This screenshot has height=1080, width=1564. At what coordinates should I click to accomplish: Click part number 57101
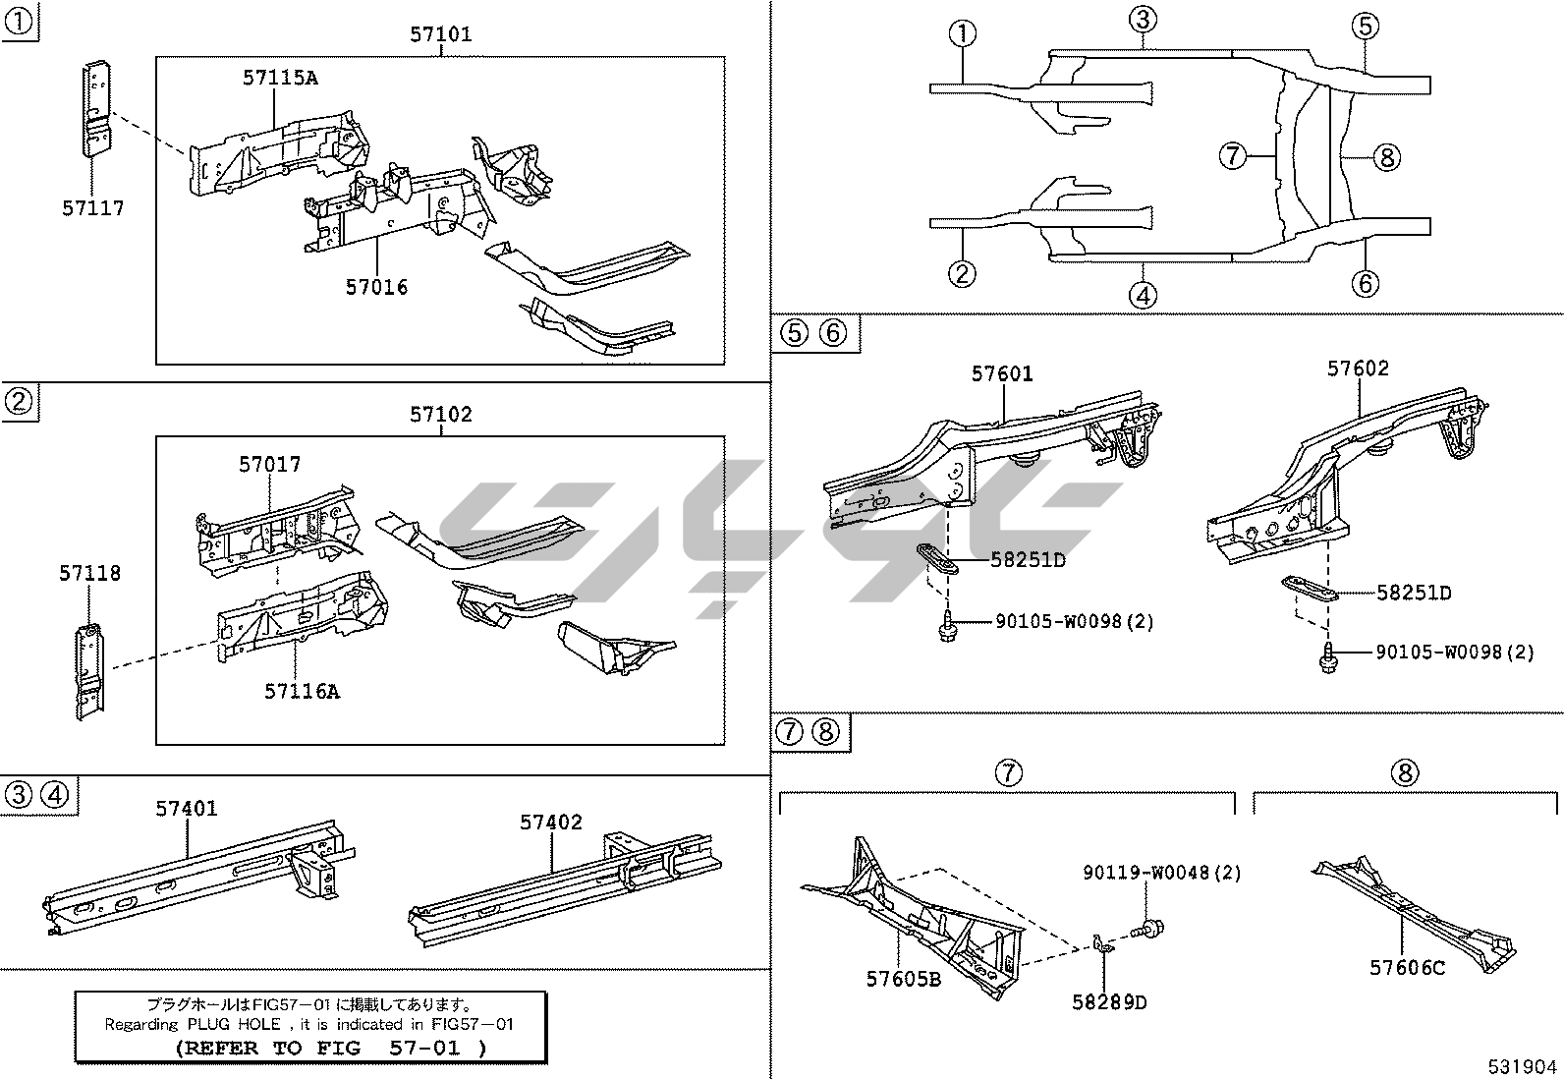point(440,34)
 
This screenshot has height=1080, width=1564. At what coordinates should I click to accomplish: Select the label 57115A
point(280,78)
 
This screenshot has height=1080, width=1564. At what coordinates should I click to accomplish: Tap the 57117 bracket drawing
point(96,109)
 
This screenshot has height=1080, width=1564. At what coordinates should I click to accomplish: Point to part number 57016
point(376,287)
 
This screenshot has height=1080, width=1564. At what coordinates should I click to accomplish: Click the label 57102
point(440,415)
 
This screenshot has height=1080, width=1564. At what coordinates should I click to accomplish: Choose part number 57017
point(269,465)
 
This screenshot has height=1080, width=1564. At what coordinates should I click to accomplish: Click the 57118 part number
point(89,574)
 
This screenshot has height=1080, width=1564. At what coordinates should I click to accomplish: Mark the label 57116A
point(302,692)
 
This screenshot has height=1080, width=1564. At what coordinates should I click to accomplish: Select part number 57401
point(187,809)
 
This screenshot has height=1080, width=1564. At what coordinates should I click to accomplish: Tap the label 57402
point(551,823)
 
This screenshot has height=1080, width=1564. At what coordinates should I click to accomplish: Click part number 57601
point(1002,374)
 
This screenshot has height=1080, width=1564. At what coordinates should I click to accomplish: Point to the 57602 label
point(1358,369)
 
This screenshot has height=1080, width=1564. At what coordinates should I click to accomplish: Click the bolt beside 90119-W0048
point(1148,930)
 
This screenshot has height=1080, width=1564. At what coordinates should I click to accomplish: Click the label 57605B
point(904,980)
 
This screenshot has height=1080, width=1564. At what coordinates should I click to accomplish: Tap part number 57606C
point(1407,968)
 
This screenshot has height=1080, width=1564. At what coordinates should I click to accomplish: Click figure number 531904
point(1522,1067)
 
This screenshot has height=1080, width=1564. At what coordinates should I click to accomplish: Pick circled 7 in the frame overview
point(1232,155)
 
